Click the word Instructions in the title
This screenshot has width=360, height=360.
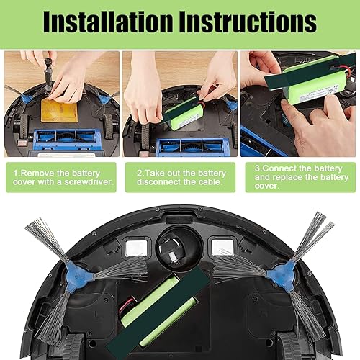coord(255,23)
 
